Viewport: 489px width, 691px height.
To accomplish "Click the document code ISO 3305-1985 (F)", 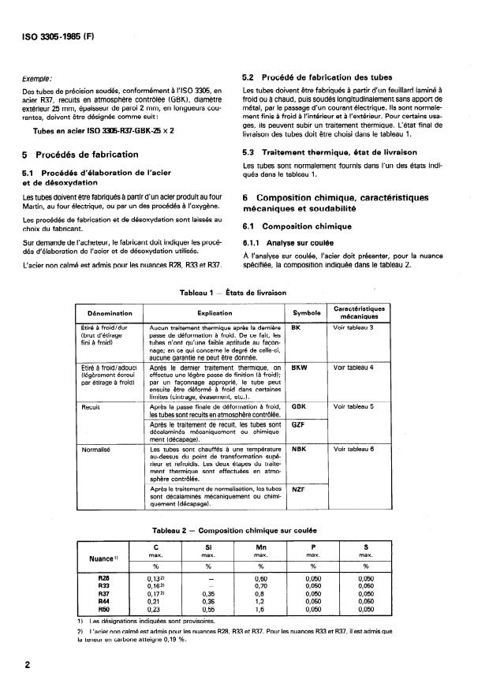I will (x=59, y=35).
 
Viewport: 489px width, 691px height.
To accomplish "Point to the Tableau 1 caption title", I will (x=244, y=293).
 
